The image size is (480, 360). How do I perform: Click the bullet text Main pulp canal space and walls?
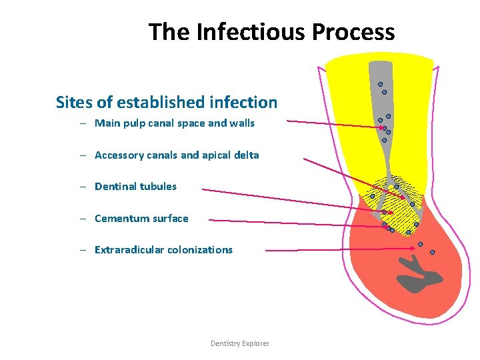point(175,123)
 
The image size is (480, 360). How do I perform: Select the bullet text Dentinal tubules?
point(136,187)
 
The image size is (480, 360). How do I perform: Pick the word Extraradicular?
point(129,250)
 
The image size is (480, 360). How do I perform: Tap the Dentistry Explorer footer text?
point(240,343)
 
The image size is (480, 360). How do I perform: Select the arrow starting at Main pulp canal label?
point(333,124)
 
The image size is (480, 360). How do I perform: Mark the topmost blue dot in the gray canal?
point(380,85)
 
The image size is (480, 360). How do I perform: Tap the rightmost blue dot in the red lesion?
point(432,252)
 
